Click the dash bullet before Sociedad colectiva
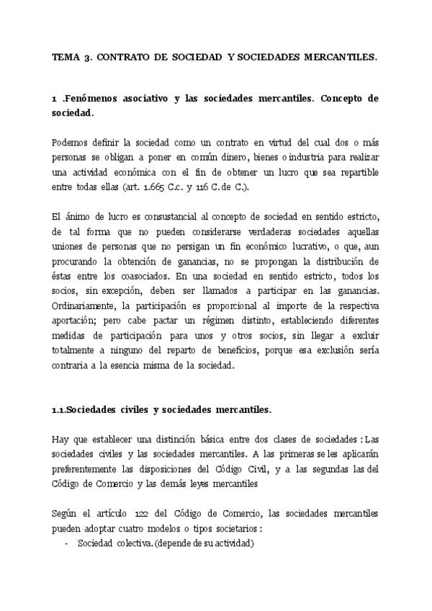click(x=66, y=544)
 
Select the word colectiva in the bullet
click(x=127, y=544)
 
